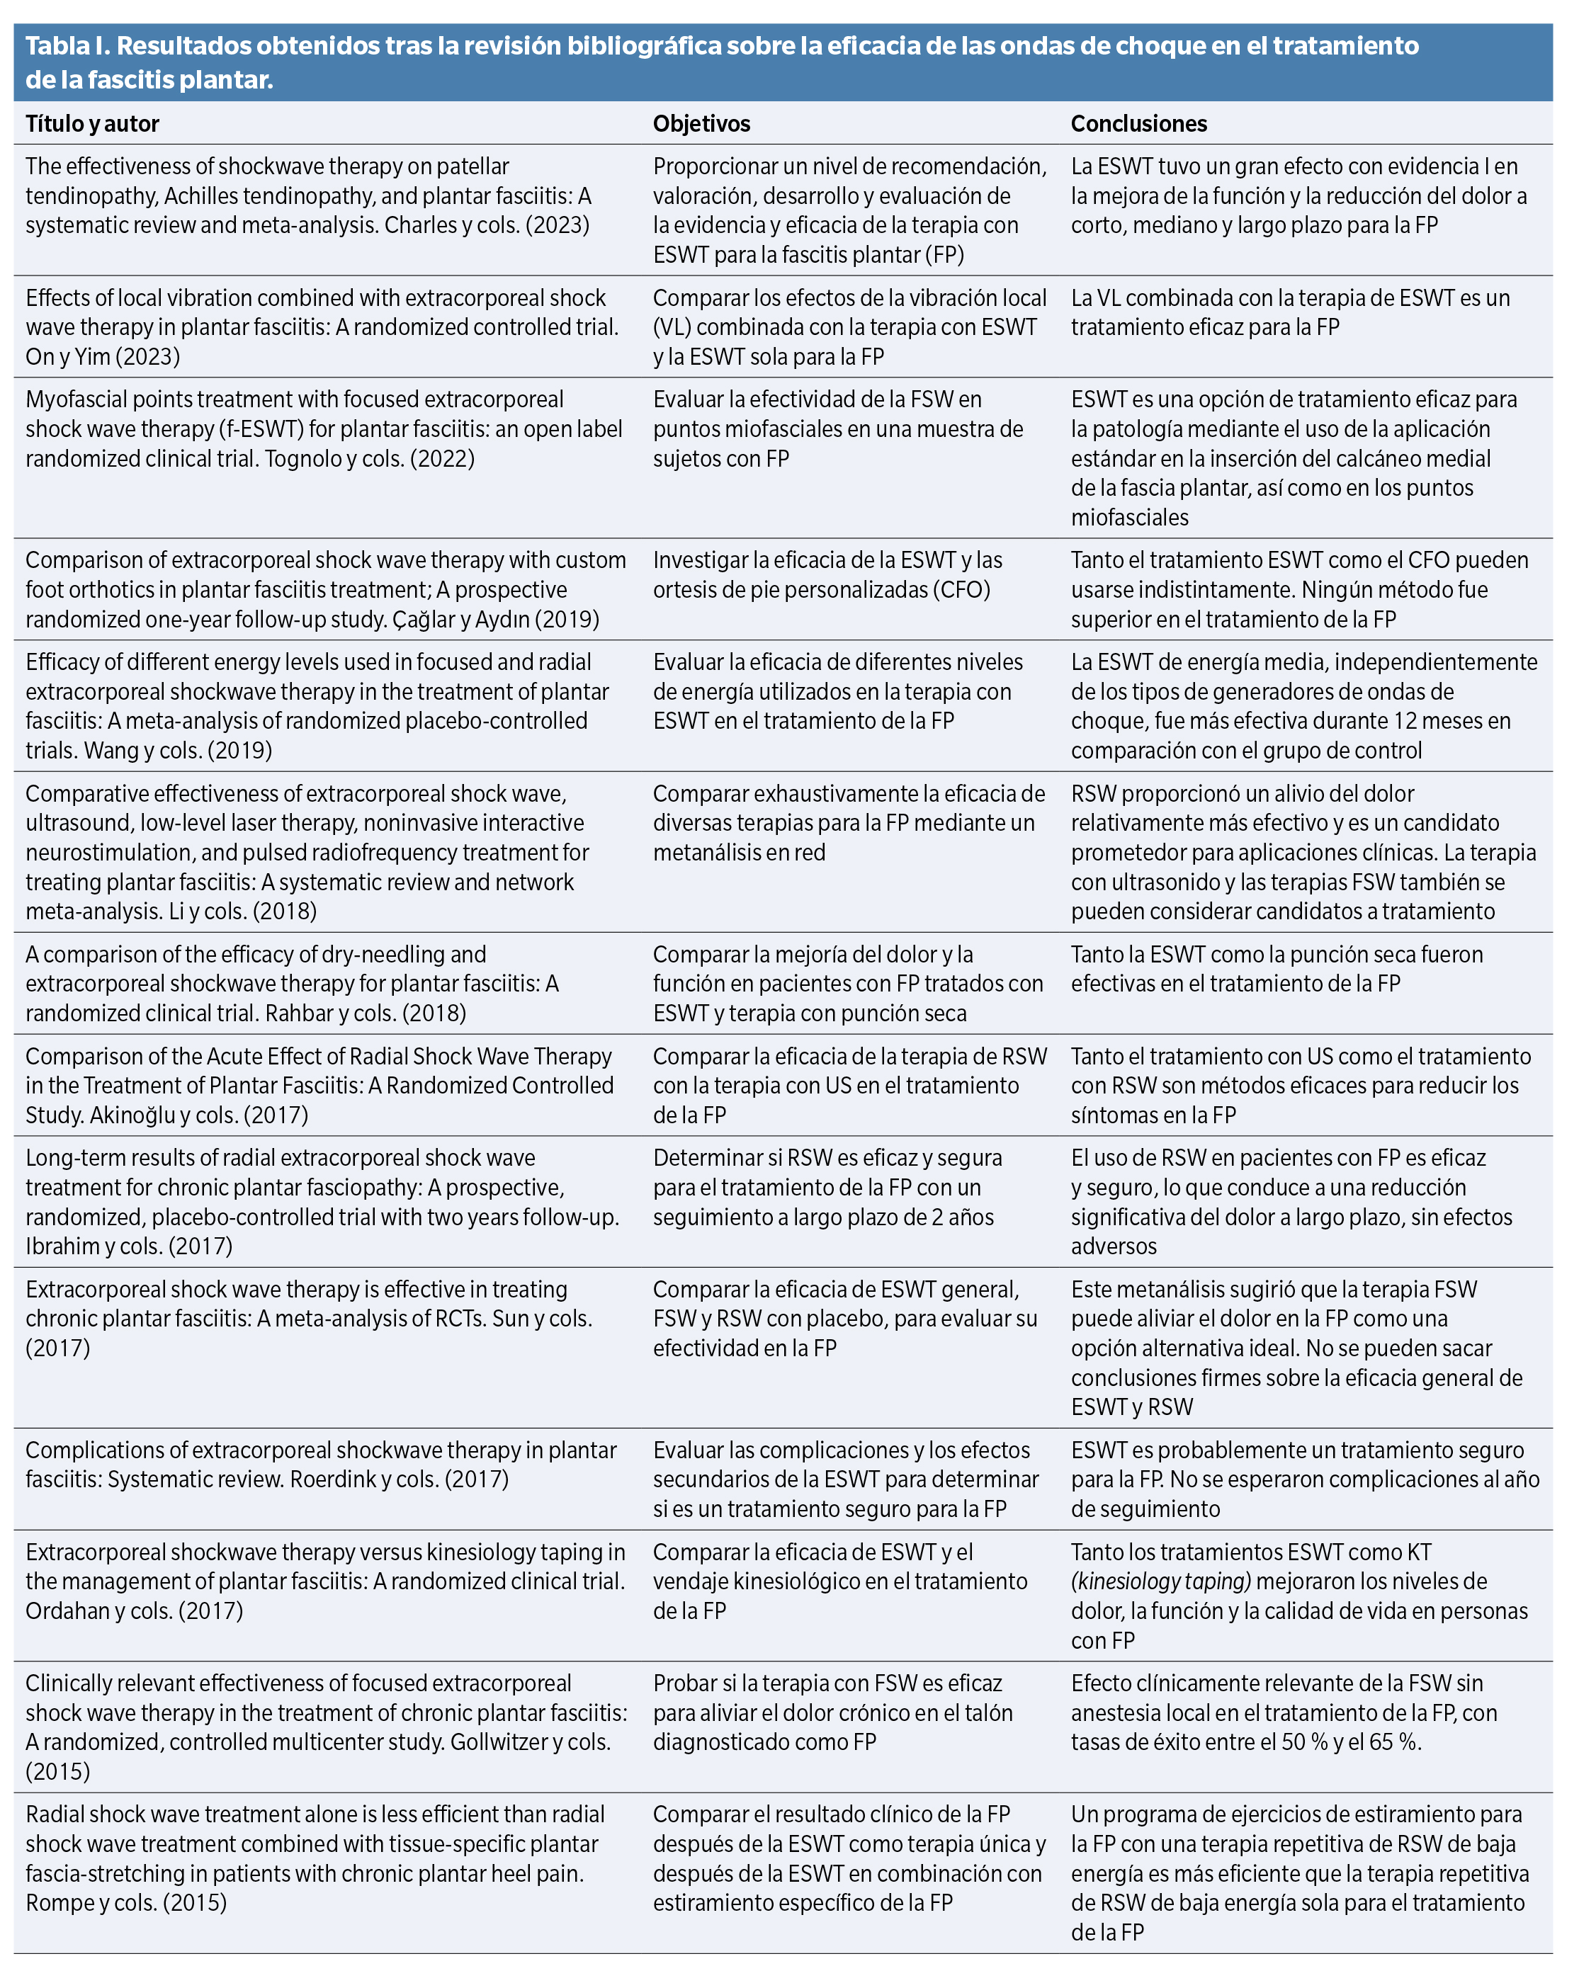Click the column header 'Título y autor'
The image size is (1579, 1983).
click(x=92, y=124)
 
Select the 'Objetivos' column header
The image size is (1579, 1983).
click(x=701, y=124)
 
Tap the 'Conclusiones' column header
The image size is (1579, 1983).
click(x=1138, y=124)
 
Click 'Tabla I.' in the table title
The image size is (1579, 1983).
click(x=65, y=46)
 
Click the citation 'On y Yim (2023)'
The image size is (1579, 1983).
click(x=103, y=357)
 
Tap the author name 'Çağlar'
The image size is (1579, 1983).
click(x=426, y=620)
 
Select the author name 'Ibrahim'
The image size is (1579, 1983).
click(x=62, y=1247)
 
